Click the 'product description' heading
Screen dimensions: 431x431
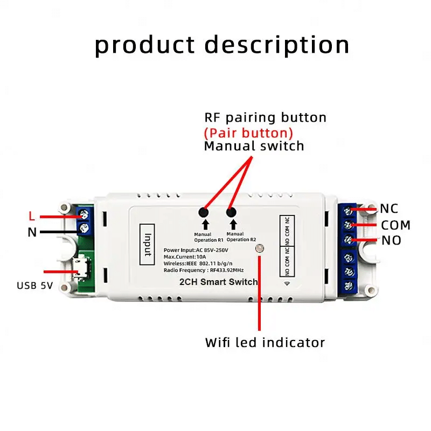pyautogui.click(x=222, y=45)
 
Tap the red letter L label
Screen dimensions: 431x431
pyautogui.click(x=32, y=217)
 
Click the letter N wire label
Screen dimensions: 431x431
pyautogui.click(x=32, y=233)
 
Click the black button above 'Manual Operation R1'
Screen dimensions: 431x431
pyautogui.click(x=205, y=212)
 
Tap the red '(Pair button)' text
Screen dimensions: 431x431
pyautogui.click(x=248, y=132)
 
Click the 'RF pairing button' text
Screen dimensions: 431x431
pyautogui.click(x=265, y=117)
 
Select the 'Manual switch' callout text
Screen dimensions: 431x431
pyautogui.click(x=254, y=146)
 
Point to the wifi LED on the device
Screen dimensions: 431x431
pyautogui.click(x=260, y=248)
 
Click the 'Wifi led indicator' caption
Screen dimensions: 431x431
pyautogui.click(x=265, y=342)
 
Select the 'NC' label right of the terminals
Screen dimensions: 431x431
pyautogui.click(x=389, y=209)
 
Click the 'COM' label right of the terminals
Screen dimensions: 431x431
pyautogui.click(x=395, y=225)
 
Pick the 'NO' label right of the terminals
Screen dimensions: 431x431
pyautogui.click(x=391, y=241)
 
